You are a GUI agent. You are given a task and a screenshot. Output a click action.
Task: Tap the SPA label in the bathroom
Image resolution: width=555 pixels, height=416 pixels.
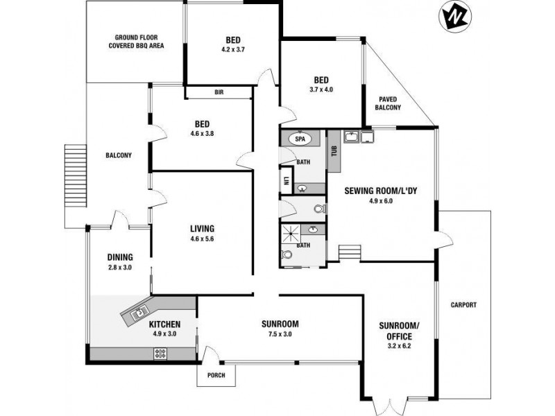point(300,139)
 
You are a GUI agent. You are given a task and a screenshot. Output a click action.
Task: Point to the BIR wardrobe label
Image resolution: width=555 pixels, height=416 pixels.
point(219,92)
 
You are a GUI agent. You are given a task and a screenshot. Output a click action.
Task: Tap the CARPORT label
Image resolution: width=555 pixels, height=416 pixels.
point(463,305)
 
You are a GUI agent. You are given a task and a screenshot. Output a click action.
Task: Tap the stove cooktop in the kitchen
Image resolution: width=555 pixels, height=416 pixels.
point(160,354)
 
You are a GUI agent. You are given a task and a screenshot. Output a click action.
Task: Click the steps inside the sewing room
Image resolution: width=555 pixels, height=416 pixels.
point(350,252)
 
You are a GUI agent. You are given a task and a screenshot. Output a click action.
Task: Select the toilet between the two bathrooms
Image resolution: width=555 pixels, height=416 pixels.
point(319,208)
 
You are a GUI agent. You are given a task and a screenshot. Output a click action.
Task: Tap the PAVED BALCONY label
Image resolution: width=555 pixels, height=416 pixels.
point(388,103)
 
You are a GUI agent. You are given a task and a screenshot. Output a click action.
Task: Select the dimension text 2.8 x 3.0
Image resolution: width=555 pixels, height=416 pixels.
point(119,266)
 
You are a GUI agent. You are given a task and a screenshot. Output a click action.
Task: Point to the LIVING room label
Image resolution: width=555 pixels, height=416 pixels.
point(202,228)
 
